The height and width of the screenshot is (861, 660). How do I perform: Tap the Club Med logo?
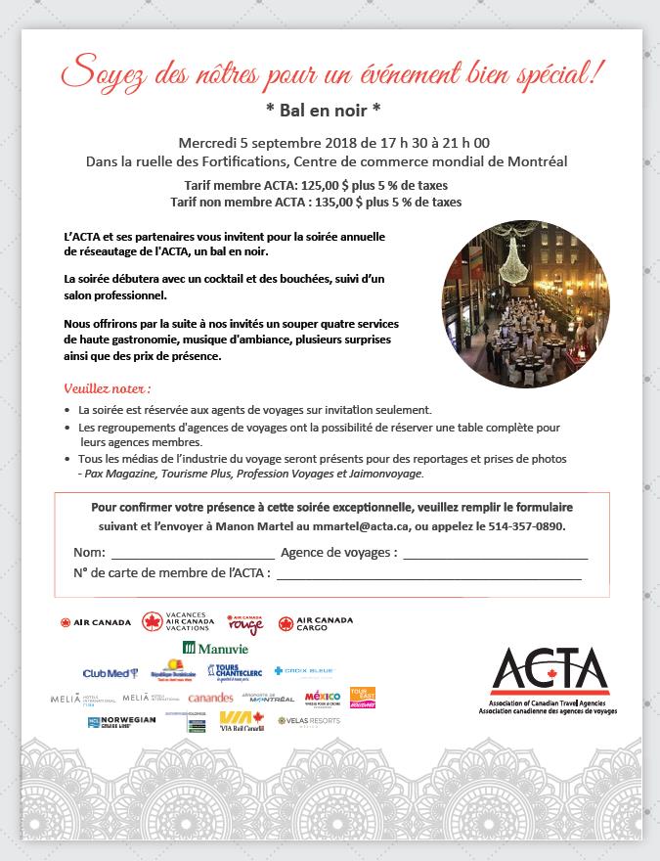[110, 673]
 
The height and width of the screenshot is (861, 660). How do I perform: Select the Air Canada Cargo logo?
[315, 623]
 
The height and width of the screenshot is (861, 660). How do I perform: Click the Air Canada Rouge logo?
[245, 623]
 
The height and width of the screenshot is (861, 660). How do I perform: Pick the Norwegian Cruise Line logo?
[120, 723]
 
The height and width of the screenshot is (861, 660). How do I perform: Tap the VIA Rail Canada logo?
[242, 722]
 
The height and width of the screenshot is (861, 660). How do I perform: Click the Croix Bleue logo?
[304, 671]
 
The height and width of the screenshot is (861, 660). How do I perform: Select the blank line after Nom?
[192, 555]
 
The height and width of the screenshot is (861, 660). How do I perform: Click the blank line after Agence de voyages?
[495, 555]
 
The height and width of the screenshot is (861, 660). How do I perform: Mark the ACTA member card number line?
[428, 575]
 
